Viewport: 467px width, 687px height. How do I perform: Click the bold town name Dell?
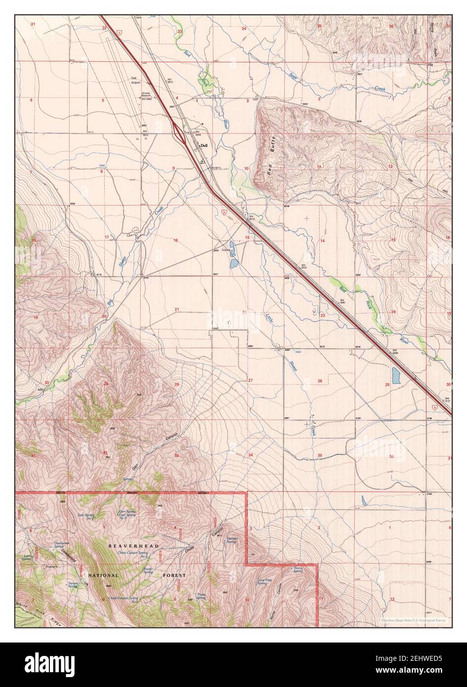(x=203, y=146)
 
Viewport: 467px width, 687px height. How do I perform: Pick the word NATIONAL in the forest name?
(x=103, y=575)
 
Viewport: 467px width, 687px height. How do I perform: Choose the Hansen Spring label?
(x=232, y=540)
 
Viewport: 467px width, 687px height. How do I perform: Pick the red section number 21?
(x=176, y=310)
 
